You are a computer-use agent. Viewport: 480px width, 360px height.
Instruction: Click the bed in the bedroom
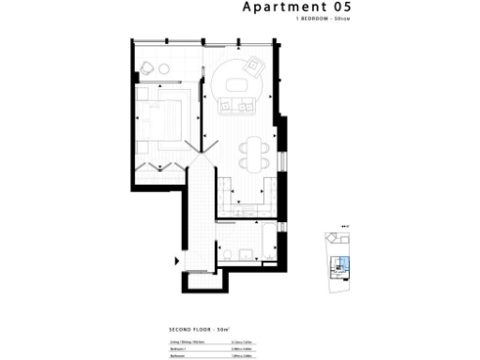click(163, 119)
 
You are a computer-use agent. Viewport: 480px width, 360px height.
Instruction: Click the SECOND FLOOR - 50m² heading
click(200, 331)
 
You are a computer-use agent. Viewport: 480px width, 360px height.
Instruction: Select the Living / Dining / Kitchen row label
click(187, 342)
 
